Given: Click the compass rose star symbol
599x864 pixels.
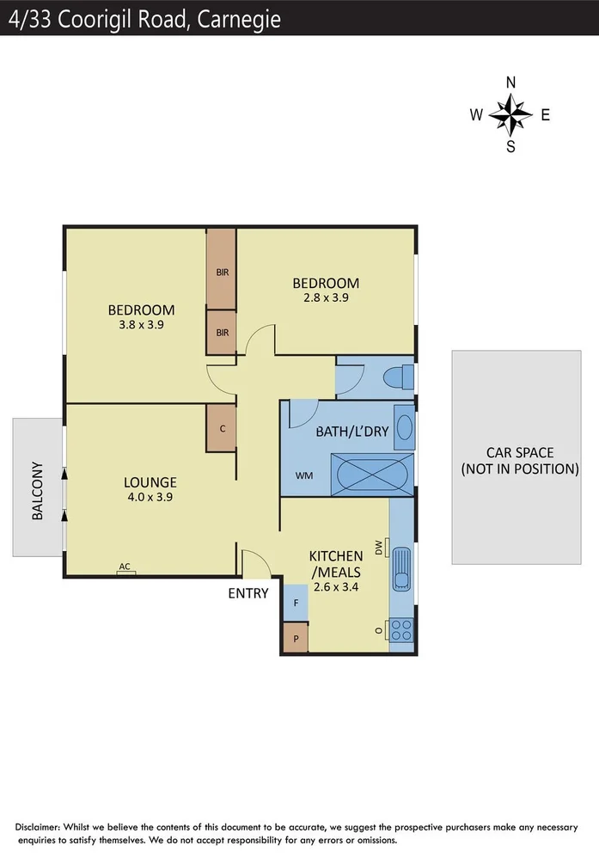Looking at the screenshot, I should pos(510,114).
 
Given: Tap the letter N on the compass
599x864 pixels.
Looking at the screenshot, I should pos(510,83).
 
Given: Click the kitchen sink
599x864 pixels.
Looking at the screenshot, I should pos(401,568).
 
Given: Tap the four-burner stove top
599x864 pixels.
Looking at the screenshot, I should pos(400,630).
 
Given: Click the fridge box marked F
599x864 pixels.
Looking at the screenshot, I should pos(296,603).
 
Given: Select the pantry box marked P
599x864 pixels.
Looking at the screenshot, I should pos(296,638).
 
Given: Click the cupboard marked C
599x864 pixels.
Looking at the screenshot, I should pos(222,428).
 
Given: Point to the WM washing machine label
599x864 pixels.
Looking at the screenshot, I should pos(304,475).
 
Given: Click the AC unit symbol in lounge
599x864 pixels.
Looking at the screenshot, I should pos(125,569).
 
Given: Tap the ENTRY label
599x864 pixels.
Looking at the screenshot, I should pos(248,593).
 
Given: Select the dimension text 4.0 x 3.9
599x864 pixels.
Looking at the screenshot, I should pos(150,497).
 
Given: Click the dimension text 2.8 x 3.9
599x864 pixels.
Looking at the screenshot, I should pos(326,298).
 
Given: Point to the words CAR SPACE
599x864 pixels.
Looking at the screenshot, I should pos(520,453).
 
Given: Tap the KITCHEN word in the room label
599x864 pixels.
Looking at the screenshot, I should pos(334,556).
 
